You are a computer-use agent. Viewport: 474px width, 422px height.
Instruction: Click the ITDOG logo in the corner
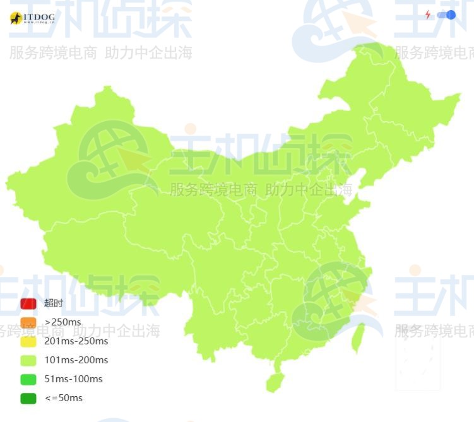point(32,18)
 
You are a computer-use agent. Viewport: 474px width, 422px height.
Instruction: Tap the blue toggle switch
point(446,15)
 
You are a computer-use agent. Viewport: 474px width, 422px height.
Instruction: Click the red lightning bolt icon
point(428,15)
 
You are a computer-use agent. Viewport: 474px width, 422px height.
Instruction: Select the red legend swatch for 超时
point(28,303)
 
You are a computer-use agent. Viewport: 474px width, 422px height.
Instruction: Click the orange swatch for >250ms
point(28,322)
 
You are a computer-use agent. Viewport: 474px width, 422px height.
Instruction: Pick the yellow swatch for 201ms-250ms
point(28,341)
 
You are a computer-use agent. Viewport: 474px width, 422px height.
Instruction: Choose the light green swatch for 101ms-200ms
point(28,360)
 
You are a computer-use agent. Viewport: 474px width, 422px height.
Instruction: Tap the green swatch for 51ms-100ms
point(28,379)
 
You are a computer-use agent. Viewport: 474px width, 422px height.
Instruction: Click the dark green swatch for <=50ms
point(28,398)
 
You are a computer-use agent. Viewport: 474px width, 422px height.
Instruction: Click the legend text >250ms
point(62,322)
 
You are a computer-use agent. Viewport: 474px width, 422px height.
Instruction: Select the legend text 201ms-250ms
point(76,341)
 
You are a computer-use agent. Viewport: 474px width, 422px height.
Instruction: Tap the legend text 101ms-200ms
point(76,360)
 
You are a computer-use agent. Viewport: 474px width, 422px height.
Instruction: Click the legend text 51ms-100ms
point(73,379)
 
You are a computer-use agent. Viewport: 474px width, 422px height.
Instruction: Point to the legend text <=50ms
point(63,398)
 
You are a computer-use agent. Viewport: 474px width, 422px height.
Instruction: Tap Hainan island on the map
point(274,382)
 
